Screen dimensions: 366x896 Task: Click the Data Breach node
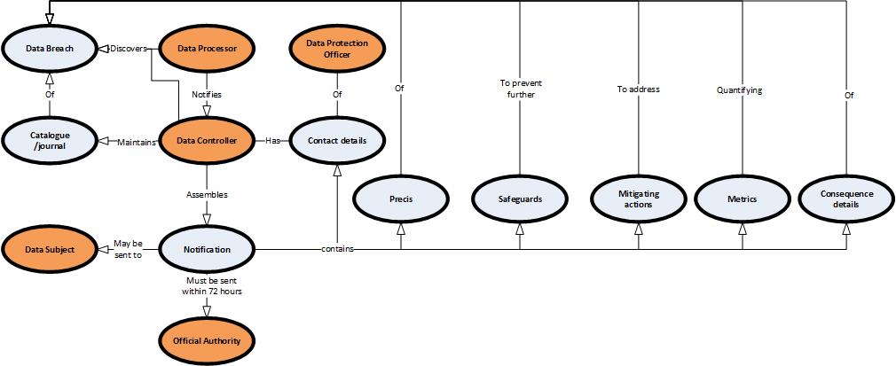[x=50, y=49]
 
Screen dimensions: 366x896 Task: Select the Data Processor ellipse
[x=207, y=49]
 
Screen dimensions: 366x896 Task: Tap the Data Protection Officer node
[x=337, y=49]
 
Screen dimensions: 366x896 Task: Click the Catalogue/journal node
[x=50, y=140]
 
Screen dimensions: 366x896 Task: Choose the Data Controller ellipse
[x=207, y=140]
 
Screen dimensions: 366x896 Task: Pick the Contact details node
[x=337, y=140]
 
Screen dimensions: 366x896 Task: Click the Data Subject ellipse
[x=50, y=249]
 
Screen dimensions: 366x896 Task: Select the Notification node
[x=207, y=249]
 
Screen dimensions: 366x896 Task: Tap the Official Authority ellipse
[x=207, y=340]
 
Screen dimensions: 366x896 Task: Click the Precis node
[x=401, y=199]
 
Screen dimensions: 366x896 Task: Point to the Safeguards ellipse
[x=520, y=199]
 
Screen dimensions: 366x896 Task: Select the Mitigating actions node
[x=639, y=199]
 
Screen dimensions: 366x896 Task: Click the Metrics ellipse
[x=742, y=199]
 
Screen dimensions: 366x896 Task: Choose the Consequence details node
[x=845, y=199]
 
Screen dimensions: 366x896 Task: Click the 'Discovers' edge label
[x=128, y=49]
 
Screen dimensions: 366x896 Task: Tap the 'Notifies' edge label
[x=207, y=94]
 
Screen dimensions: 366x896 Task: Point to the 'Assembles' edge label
[x=207, y=192]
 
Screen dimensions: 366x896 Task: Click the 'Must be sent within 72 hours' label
[x=207, y=285]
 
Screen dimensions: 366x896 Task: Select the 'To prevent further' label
[x=520, y=89]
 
